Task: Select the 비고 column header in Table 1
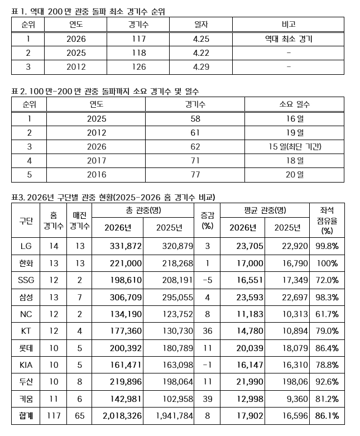[x=288, y=25]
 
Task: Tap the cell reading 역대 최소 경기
[x=288, y=39]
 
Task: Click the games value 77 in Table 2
[x=194, y=175]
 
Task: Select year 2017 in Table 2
[x=96, y=161]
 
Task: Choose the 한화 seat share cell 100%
[x=327, y=263]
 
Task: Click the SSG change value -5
[x=208, y=281]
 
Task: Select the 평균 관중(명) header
[x=265, y=210]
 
